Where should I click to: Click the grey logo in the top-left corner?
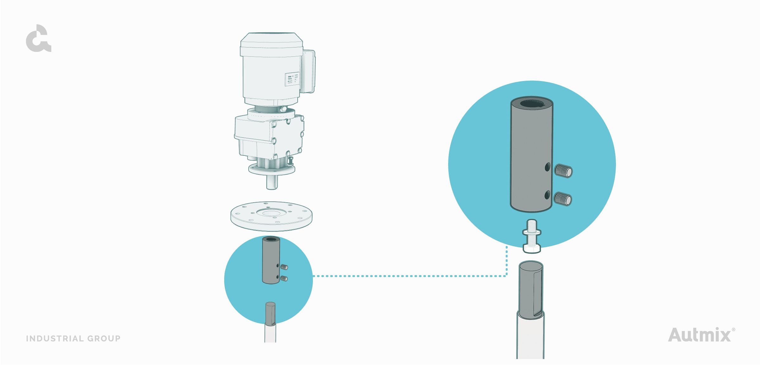click(38, 39)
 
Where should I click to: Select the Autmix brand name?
click(699, 335)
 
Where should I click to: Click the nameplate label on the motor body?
click(291, 79)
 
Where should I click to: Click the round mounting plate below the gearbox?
click(271, 218)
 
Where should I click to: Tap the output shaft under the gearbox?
click(272, 182)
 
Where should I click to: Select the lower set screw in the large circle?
click(563, 199)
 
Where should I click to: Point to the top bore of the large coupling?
click(532, 104)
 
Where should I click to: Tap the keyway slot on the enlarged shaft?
click(537, 293)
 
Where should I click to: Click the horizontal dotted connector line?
click(408, 276)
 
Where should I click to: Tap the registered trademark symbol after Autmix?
click(733, 330)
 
